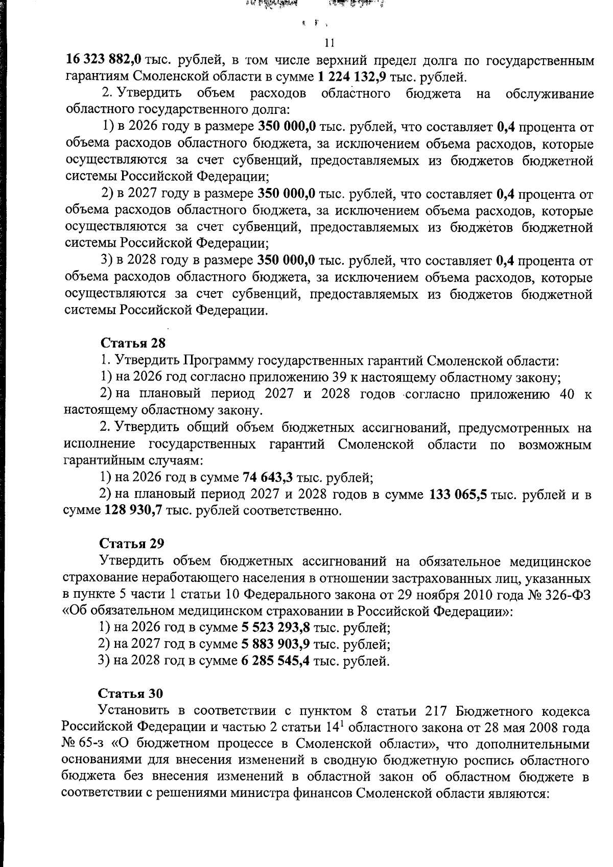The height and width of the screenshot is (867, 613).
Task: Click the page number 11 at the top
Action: (329, 42)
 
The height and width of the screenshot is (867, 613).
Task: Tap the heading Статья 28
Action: (133, 343)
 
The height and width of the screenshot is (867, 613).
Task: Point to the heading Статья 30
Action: (130, 693)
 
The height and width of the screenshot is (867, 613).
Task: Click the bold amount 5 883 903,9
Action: (275, 644)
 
